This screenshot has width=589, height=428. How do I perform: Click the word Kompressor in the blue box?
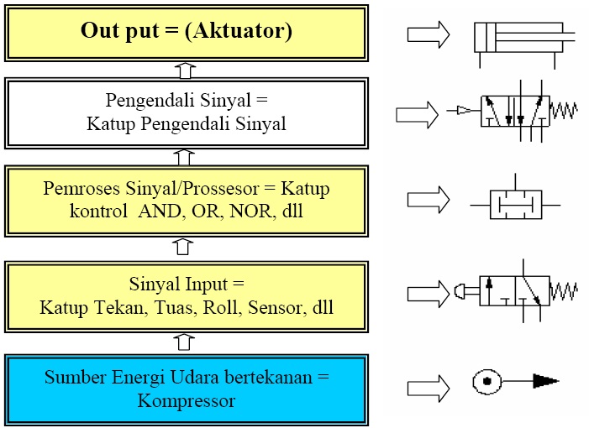coord(186,400)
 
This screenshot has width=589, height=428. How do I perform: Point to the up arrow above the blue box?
coord(186,342)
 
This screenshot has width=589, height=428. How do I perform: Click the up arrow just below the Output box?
coord(186,69)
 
